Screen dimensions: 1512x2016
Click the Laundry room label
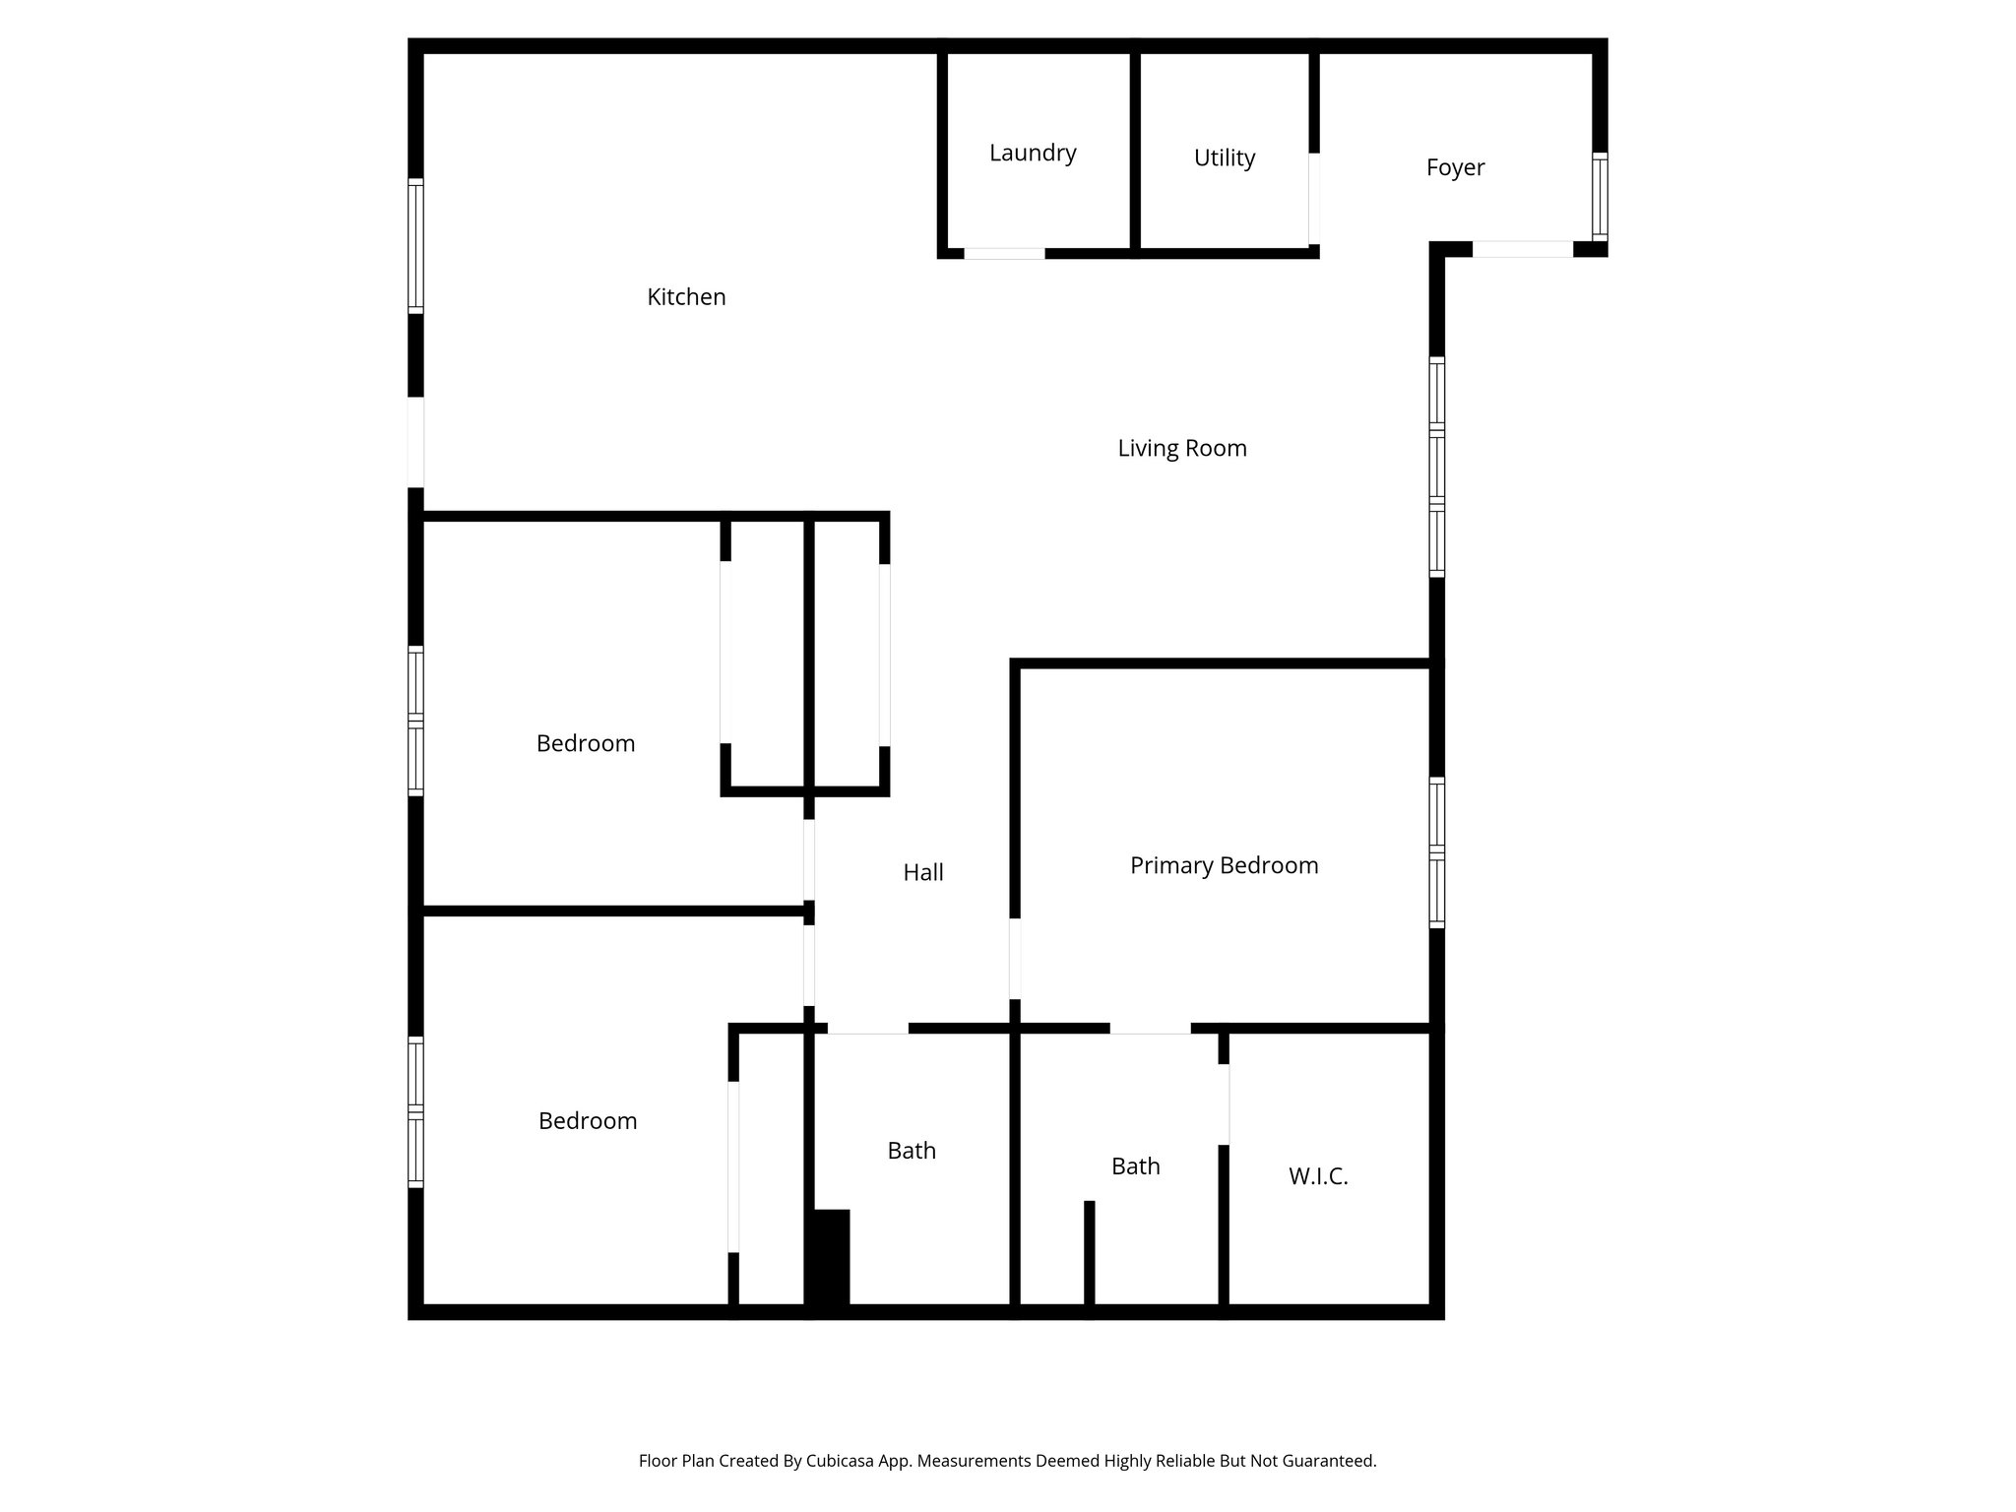coord(1033,153)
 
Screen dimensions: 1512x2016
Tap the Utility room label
coord(1224,157)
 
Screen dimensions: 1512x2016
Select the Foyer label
coord(1455,167)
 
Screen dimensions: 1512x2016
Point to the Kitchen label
coord(686,296)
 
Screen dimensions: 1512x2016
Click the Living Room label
coord(1181,448)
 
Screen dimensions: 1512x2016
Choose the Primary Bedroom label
coord(1224,865)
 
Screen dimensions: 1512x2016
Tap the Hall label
coord(922,872)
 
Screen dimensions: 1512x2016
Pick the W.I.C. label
coord(1317,1176)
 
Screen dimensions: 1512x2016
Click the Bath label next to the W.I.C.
coord(1135,1166)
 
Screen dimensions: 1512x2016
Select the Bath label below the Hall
coord(911,1151)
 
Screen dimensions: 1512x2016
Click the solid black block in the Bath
coord(829,1259)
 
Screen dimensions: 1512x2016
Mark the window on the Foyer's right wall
coord(1600,197)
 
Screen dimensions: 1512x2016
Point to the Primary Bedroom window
coord(1436,852)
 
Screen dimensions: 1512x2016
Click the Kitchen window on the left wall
coord(416,246)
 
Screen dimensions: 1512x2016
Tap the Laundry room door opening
coord(1003,254)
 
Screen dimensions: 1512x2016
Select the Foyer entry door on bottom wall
coord(1522,250)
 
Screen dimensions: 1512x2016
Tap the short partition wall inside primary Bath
coord(1089,1255)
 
